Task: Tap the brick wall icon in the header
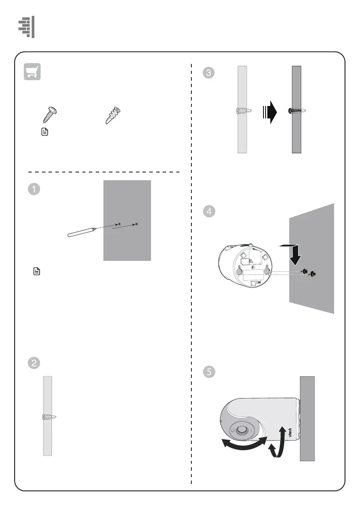click(x=27, y=27)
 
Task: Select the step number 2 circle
click(x=34, y=363)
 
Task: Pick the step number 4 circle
click(x=209, y=212)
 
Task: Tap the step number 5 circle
click(x=209, y=372)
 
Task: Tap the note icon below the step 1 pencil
click(x=37, y=271)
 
